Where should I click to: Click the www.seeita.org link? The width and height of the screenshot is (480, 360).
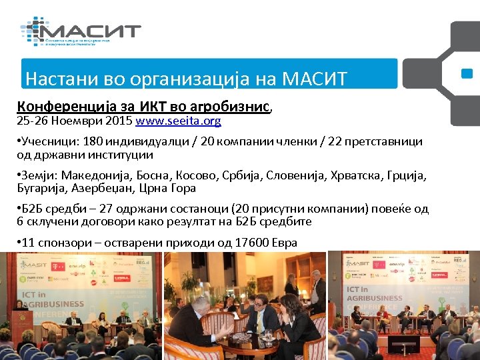[178, 122]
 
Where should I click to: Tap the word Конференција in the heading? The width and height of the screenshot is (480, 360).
[58, 107]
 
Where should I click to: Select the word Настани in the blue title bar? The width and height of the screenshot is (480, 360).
[54, 79]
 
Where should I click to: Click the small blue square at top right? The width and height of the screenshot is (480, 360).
[467, 74]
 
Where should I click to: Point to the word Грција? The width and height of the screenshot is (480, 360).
[401, 175]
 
